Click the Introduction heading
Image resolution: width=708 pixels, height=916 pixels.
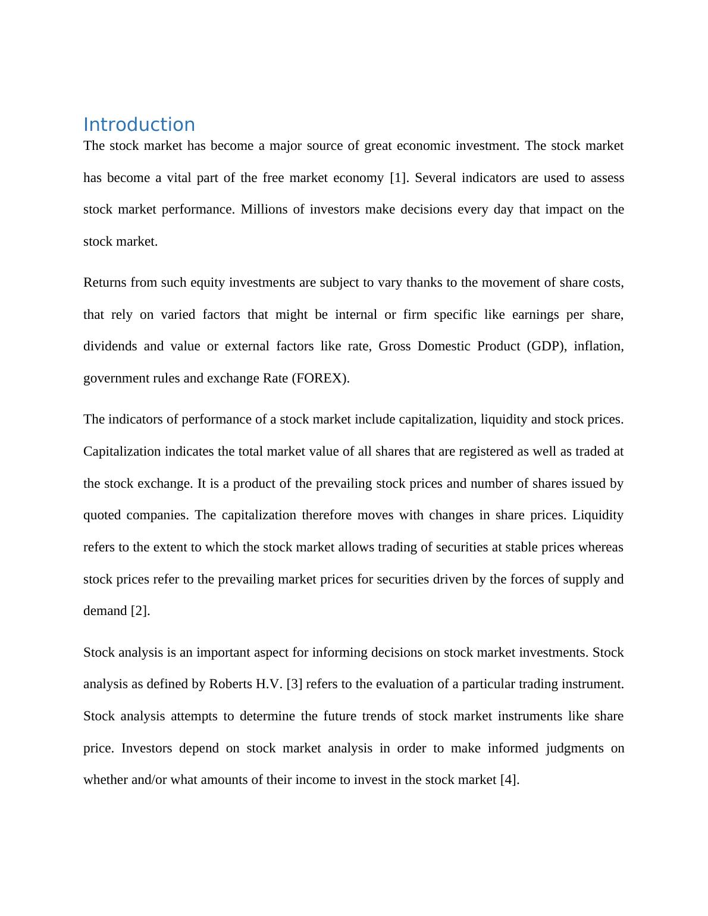coord(139,124)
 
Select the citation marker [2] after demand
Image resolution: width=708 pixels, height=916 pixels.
coord(140,611)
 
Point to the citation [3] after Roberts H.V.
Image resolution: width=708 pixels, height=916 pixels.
coord(294,684)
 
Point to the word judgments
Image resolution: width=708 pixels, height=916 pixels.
coord(575,748)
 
